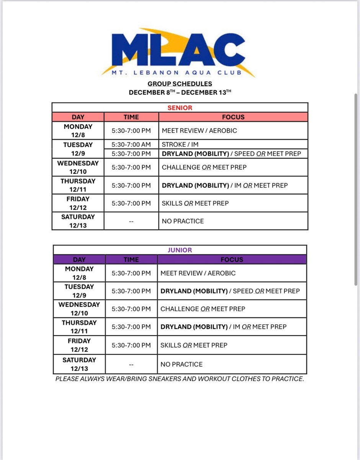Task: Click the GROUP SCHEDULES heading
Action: click(180, 84)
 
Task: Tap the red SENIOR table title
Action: click(180, 108)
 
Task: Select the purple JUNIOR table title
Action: click(180, 250)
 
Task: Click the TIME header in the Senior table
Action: click(131, 117)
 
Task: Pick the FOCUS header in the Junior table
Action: click(232, 260)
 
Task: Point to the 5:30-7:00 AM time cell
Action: click(131, 145)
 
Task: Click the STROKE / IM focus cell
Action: click(180, 145)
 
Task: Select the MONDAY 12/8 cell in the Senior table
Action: click(78, 131)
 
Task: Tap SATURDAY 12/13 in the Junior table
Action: click(79, 364)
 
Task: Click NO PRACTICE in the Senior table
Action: click(183, 221)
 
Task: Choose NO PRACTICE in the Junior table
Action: click(181, 364)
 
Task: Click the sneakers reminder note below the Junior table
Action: click(180, 379)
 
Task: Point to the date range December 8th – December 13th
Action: click(180, 92)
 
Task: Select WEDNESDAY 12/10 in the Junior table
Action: click(79, 309)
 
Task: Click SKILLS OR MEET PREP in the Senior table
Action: click(195, 203)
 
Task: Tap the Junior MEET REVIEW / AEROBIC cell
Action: click(198, 273)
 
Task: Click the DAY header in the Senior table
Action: click(78, 117)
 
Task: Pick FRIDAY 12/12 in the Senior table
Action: click(78, 203)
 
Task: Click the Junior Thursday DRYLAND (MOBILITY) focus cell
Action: click(223, 327)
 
